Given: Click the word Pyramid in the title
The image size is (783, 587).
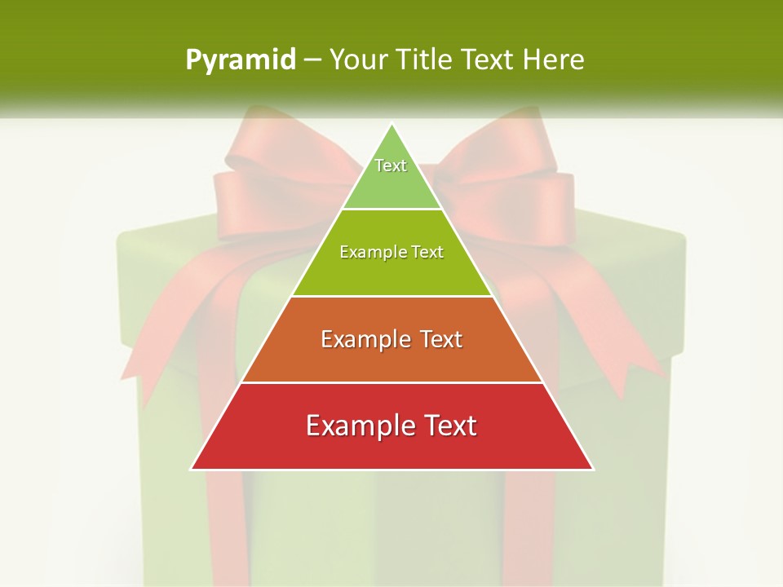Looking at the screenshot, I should pos(241,60).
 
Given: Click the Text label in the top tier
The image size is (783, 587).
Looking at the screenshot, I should pos(391,166).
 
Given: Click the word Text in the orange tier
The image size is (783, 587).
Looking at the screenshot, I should pos(441,339).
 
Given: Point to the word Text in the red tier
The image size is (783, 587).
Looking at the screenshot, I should pos(449,426).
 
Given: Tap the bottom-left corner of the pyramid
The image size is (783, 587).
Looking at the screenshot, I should pos(192,469).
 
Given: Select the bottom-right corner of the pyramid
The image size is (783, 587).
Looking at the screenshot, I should pos(593,469).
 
